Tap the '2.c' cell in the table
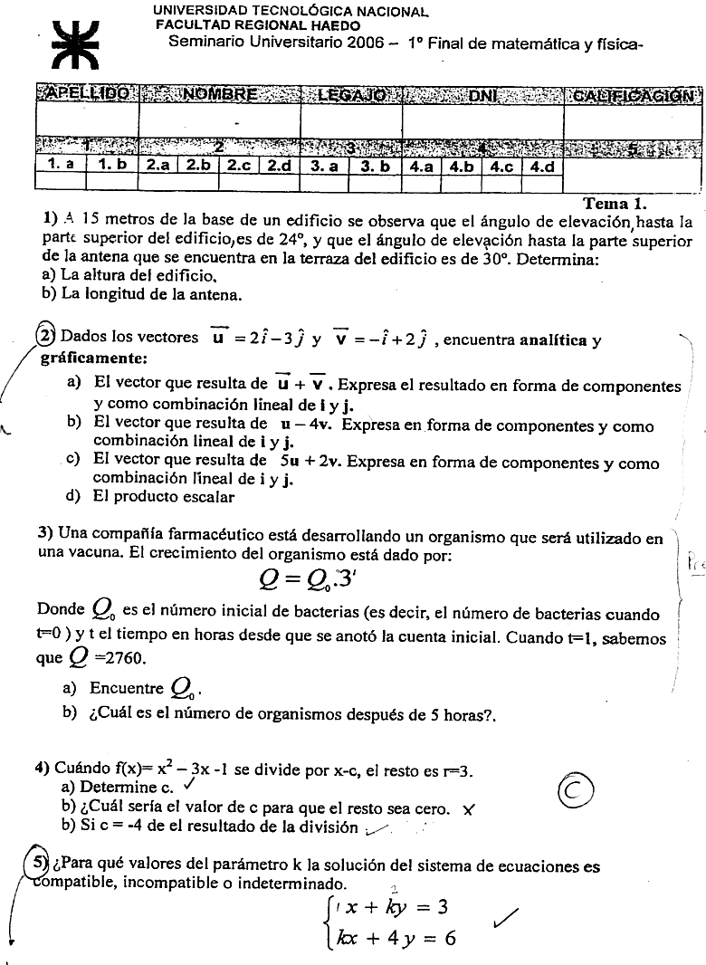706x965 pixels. (x=239, y=167)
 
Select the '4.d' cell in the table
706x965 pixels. (x=543, y=167)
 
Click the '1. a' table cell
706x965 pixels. (x=61, y=166)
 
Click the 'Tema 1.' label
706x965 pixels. (x=615, y=204)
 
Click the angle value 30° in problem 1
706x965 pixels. (x=491, y=260)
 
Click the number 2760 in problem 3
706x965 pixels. (x=119, y=657)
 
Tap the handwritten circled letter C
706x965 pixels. (x=576, y=791)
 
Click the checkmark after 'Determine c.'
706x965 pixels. (x=190, y=786)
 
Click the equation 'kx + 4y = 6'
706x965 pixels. (x=395, y=937)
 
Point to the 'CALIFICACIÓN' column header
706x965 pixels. (x=633, y=94)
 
